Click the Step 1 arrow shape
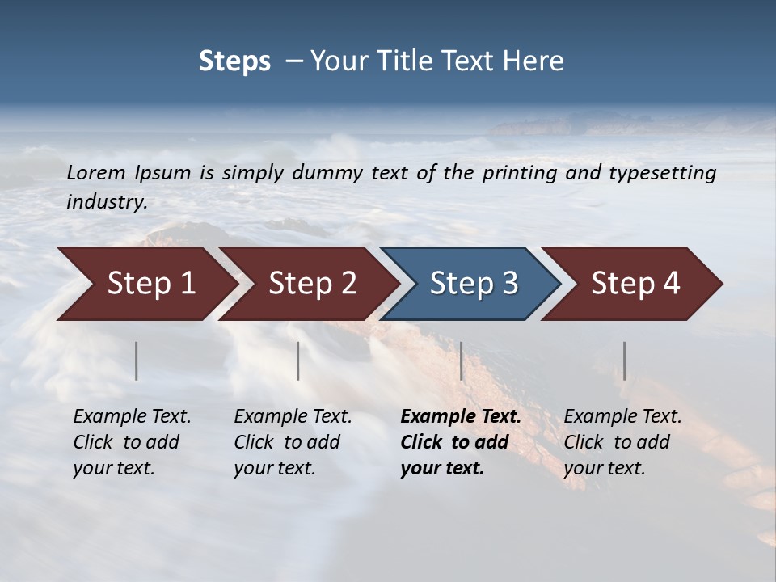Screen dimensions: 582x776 [145, 284]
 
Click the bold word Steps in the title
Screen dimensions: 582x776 [234, 61]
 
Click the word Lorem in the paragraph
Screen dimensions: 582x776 [95, 172]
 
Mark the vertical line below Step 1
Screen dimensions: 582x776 [137, 361]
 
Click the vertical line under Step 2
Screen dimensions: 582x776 [298, 361]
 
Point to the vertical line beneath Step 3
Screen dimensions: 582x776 [462, 361]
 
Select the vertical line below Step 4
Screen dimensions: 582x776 [624, 361]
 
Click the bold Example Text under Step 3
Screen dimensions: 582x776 [461, 417]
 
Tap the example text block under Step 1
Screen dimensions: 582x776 [132, 442]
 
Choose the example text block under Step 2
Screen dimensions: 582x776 [293, 442]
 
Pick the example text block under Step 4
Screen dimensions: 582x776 [622, 442]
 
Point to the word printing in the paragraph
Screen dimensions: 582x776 [516, 173]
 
